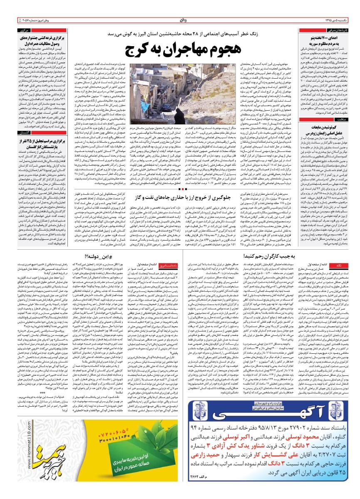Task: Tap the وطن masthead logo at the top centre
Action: (x=180, y=20)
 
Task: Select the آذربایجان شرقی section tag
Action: (x=329, y=31)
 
